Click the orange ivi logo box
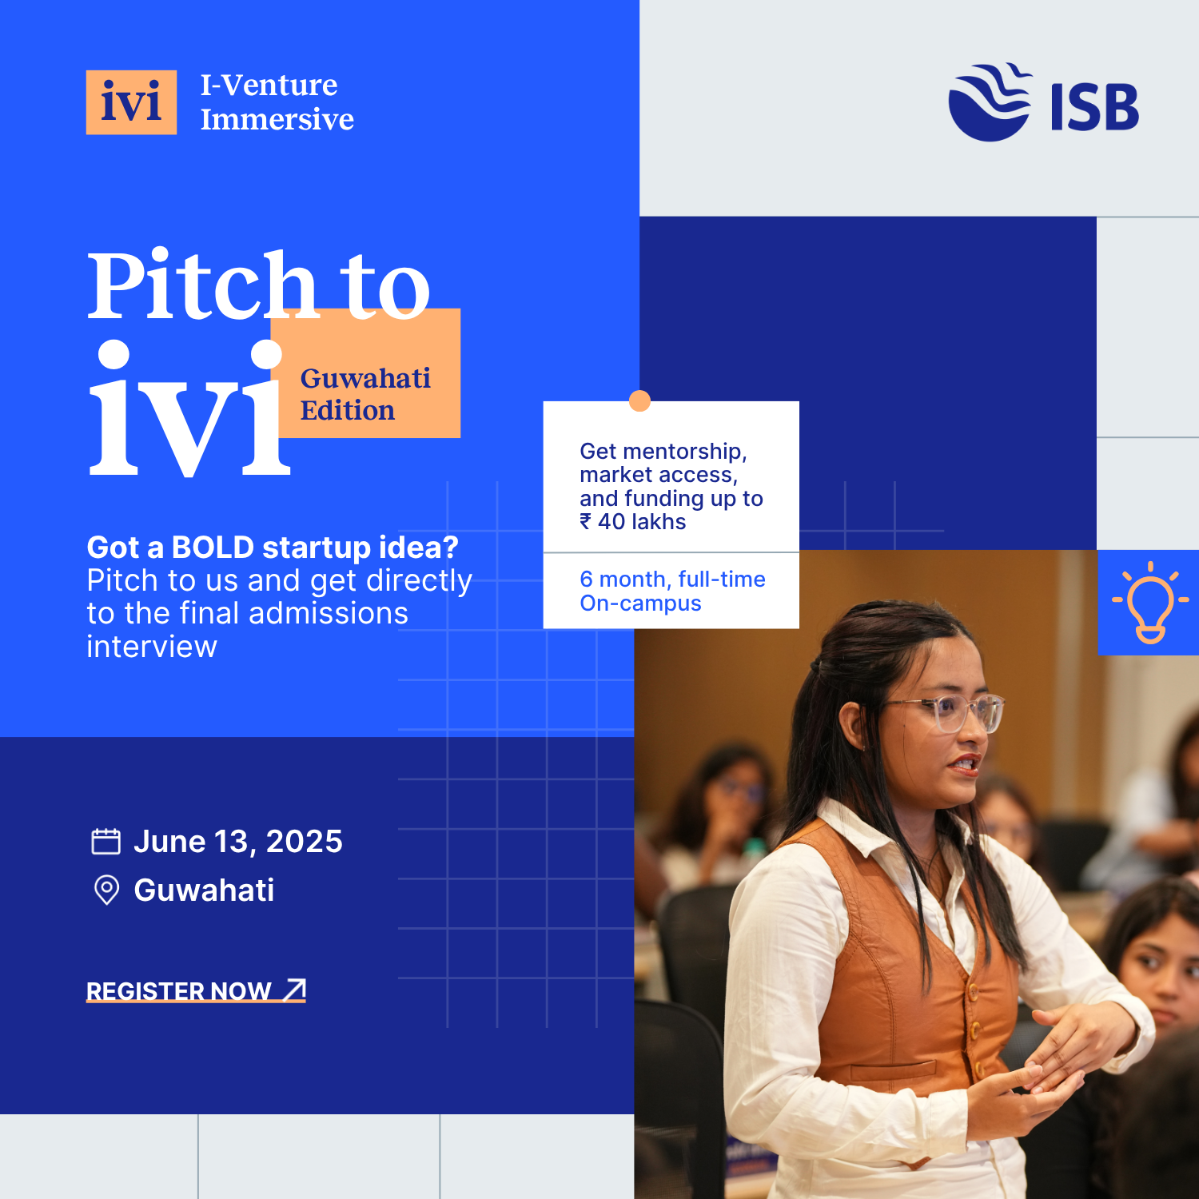pos(131,102)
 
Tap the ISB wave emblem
pos(990,102)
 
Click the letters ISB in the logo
pos(1094,107)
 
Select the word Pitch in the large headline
pos(202,285)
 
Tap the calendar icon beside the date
pos(106,842)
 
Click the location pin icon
pos(106,890)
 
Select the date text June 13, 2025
pos(238,842)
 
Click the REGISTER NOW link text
pos(179,991)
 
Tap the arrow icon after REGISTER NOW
pos(295,990)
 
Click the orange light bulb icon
pos(1150,603)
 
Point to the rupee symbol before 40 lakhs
pos(586,522)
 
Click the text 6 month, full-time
pos(672,579)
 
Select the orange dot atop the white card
pos(639,400)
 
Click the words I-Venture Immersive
pos(277,102)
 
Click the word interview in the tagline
pos(152,646)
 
